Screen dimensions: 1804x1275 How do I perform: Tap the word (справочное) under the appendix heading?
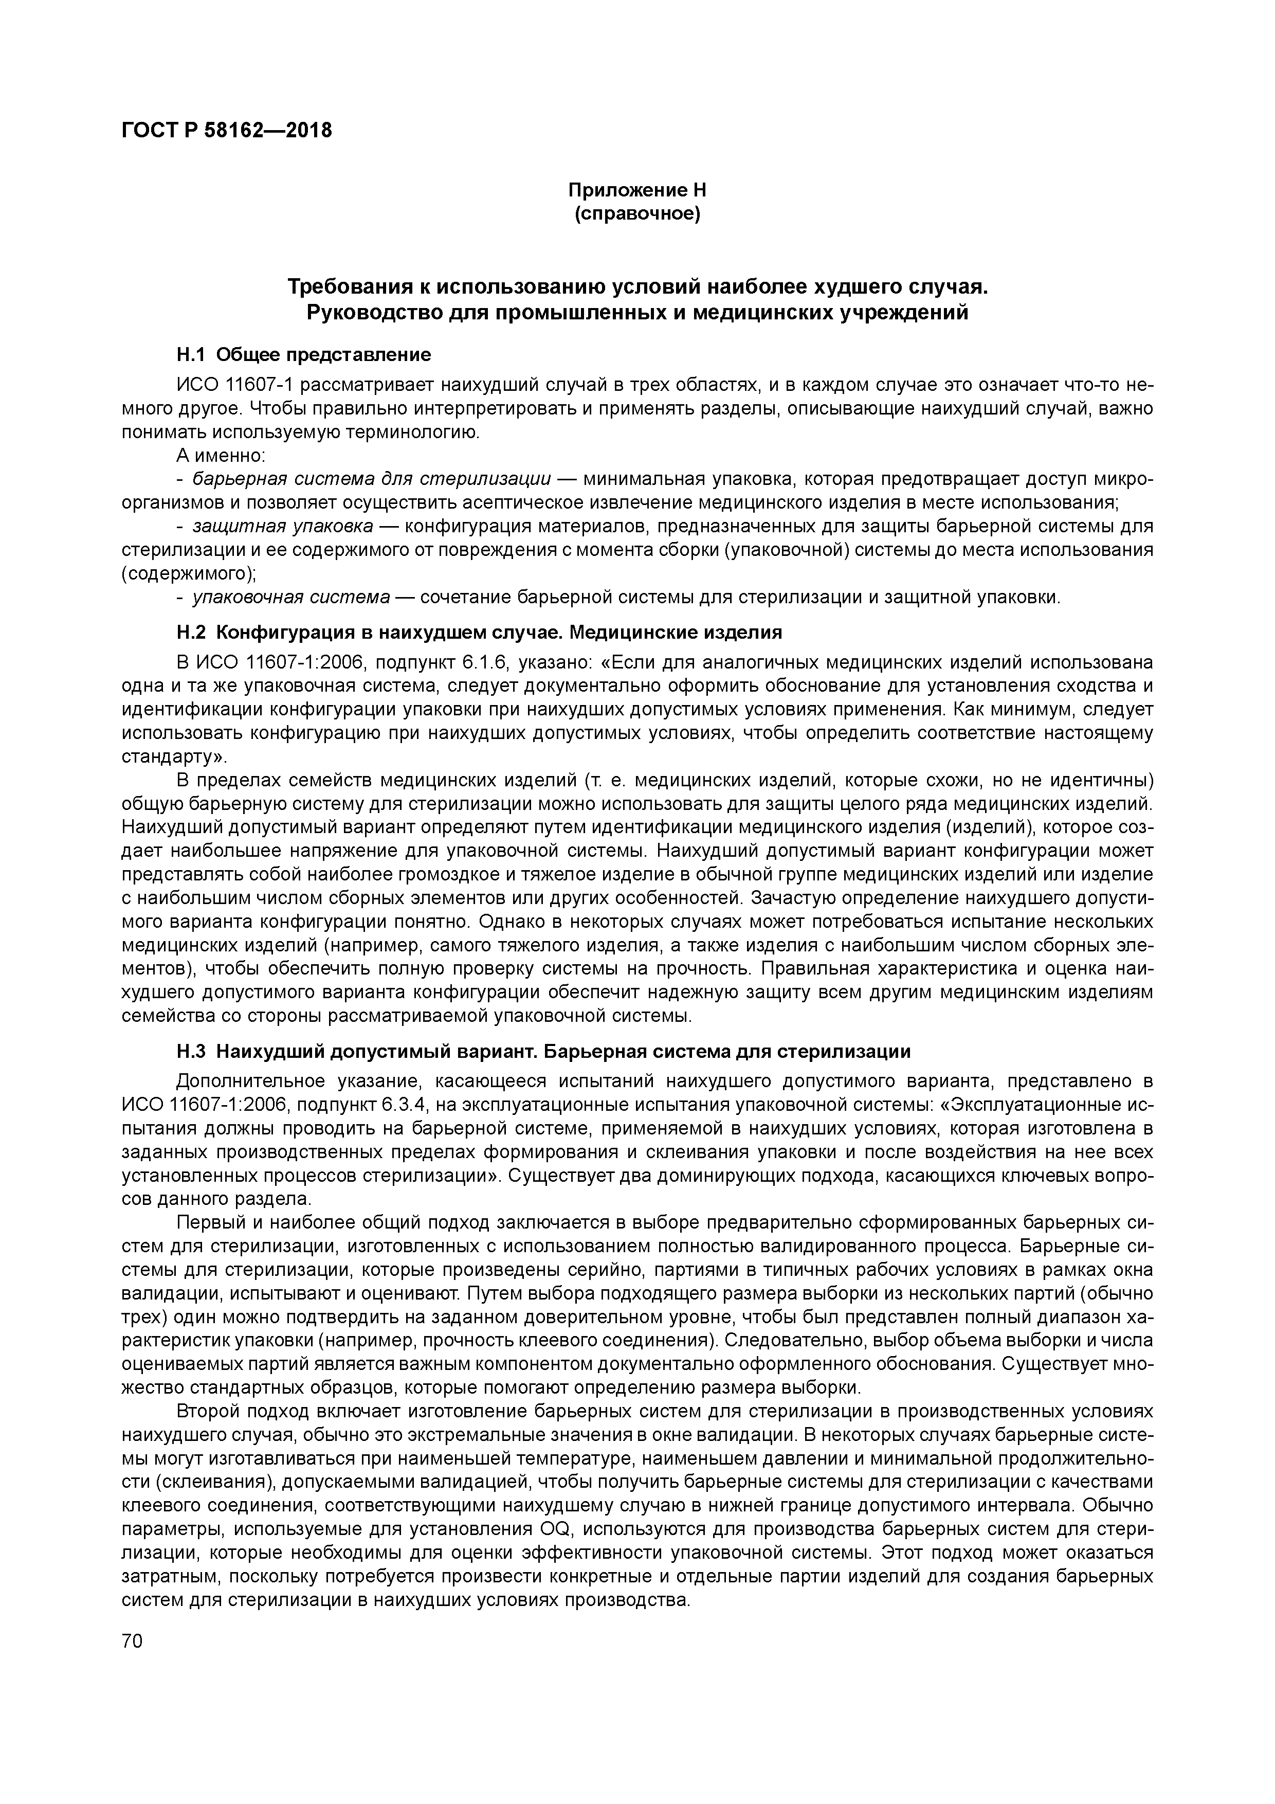click(x=637, y=213)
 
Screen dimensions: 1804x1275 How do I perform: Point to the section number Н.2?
click(x=190, y=633)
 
